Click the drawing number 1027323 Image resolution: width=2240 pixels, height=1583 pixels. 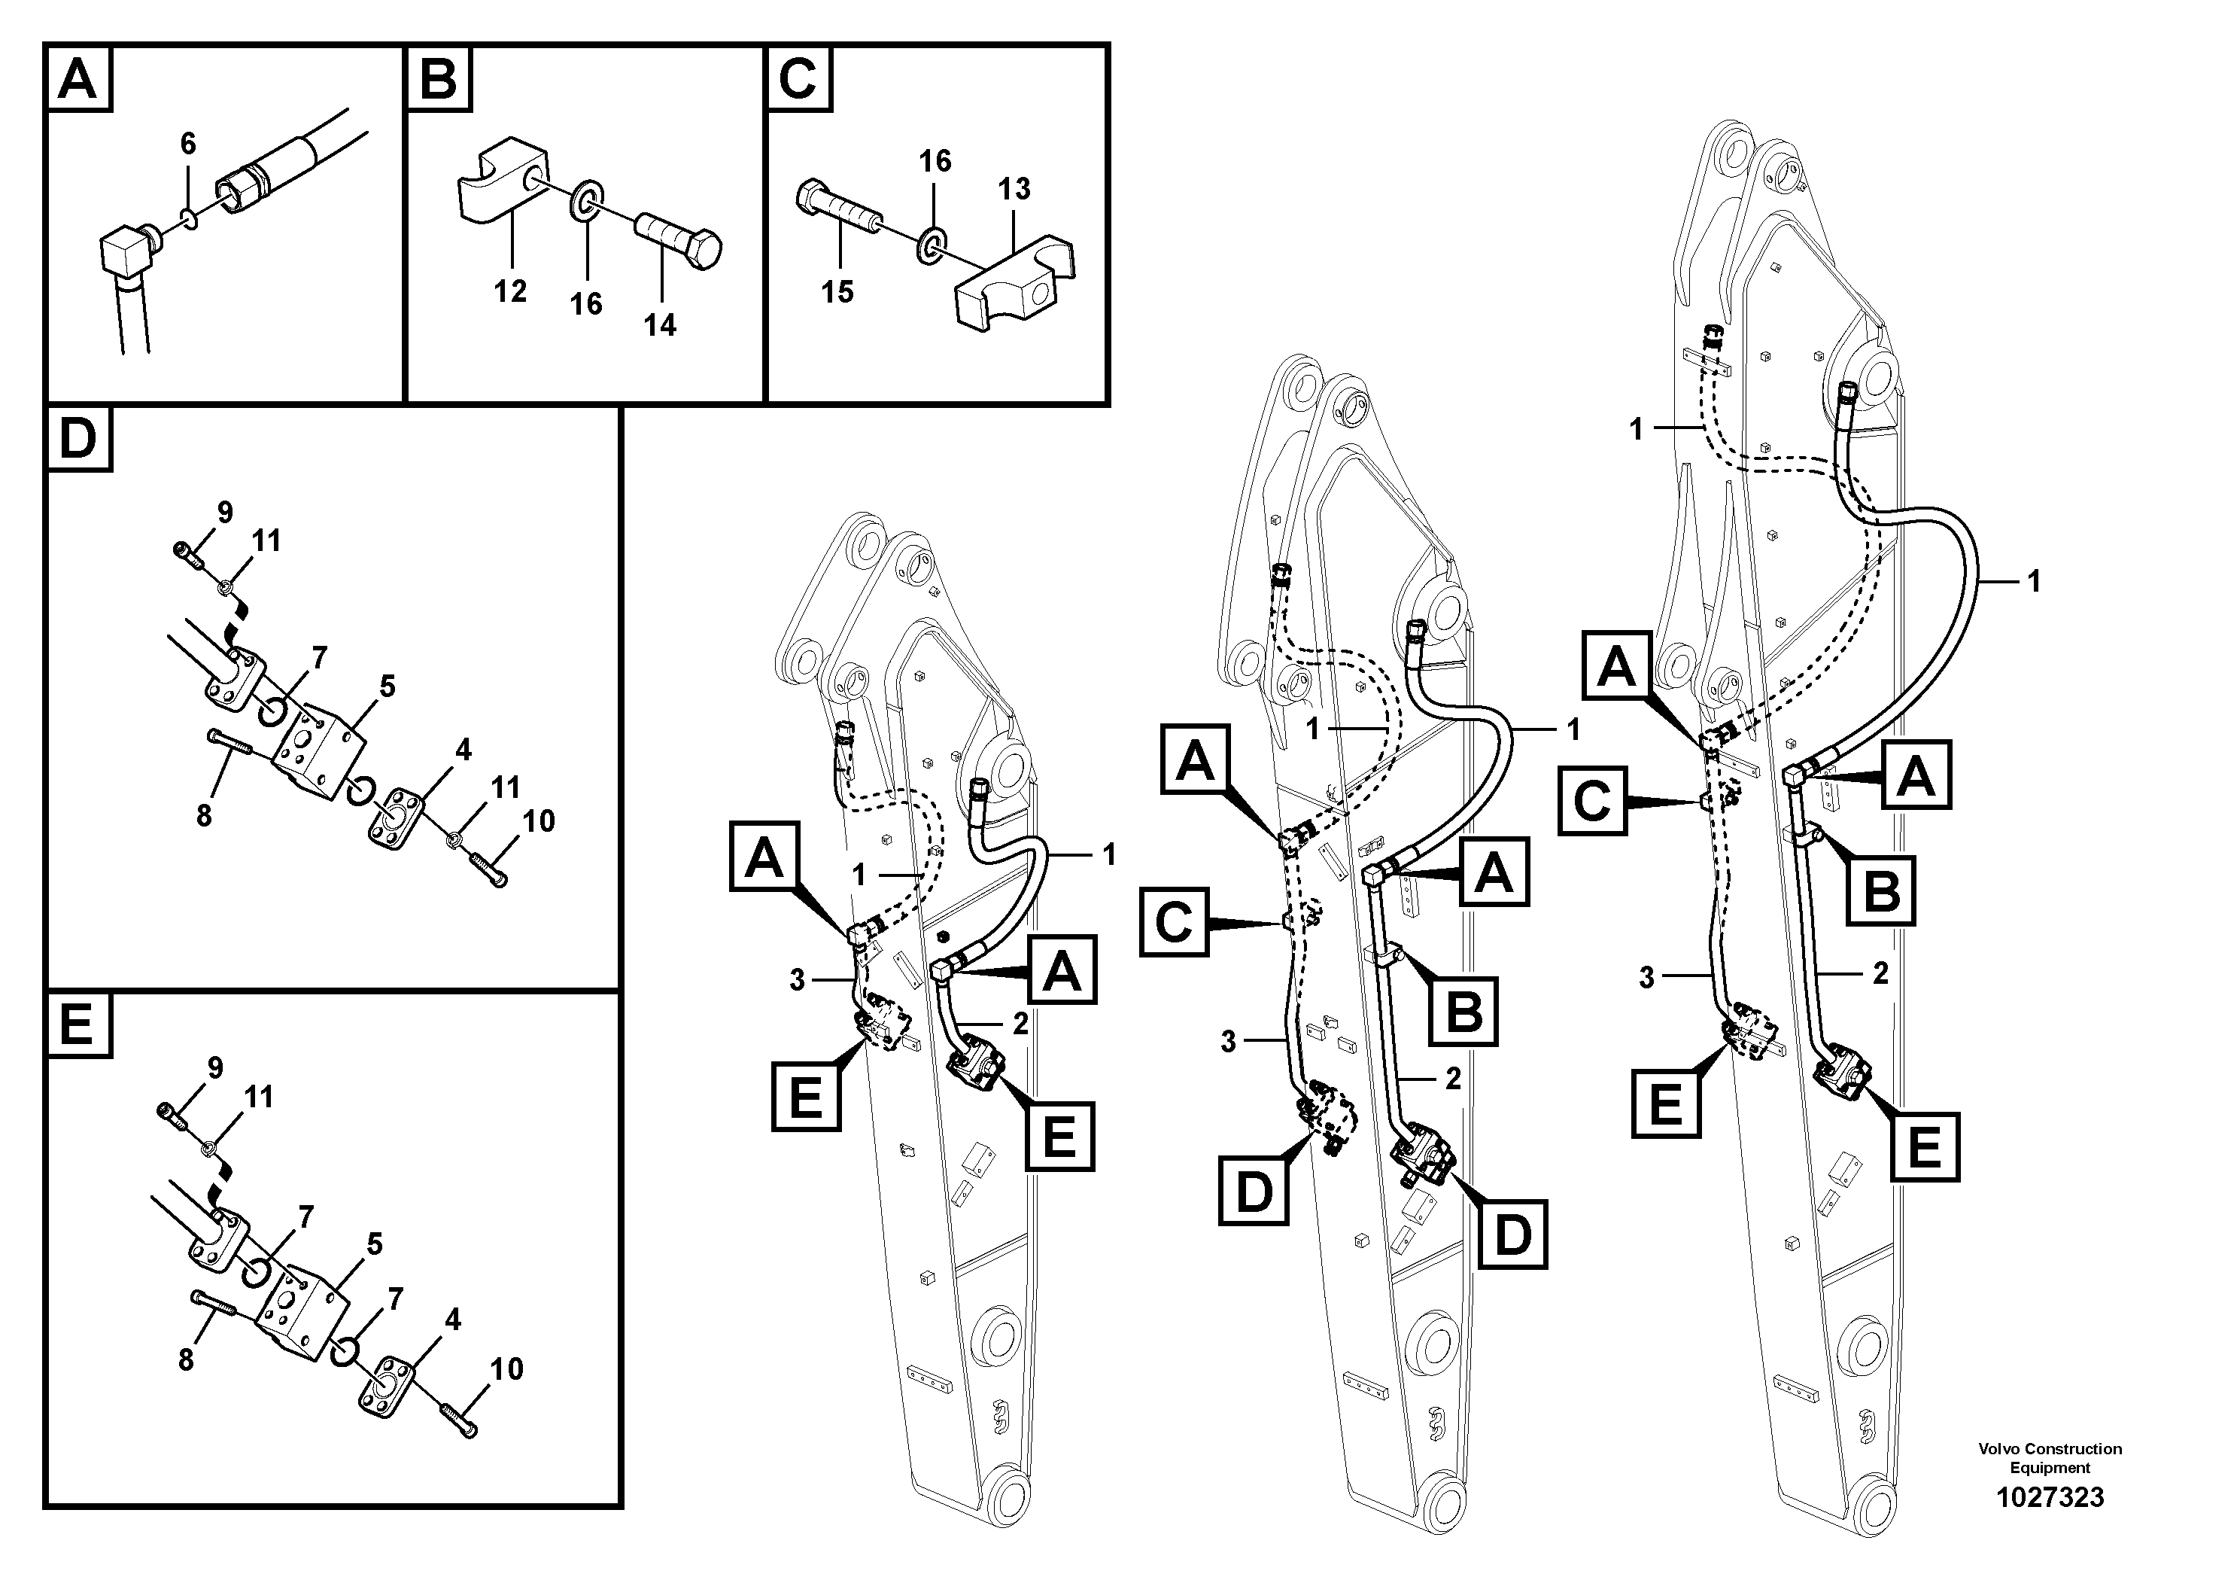pos(2050,1497)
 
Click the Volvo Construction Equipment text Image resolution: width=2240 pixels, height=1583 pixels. pos(2050,1458)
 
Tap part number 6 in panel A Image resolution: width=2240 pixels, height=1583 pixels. pos(187,144)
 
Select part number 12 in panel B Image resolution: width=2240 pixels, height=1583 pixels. pos(509,291)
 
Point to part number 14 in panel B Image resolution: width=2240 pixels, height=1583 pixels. pos(660,325)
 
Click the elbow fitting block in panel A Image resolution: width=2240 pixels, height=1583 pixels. pos(125,254)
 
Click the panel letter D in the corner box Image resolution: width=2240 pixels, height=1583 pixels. pos(78,439)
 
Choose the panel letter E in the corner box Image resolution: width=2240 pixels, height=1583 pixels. pos(78,1024)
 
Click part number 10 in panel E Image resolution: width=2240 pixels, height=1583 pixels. pos(506,1368)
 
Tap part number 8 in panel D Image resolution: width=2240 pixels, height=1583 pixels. pos(203,815)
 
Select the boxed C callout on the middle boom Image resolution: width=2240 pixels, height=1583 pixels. pos(1174,921)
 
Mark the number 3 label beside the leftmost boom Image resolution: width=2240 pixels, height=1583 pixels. pos(797,980)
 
